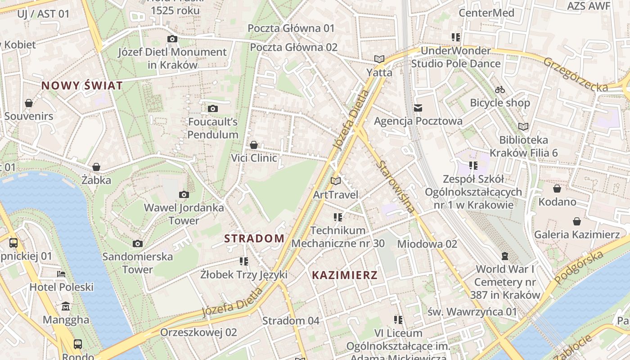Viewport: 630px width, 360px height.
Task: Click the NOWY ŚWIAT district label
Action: click(82, 85)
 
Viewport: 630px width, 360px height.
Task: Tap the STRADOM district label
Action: click(254, 238)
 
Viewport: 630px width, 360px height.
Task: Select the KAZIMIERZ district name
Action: click(345, 275)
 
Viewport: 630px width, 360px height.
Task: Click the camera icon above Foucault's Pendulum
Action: click(213, 108)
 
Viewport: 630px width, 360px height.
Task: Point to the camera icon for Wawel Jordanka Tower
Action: click(184, 194)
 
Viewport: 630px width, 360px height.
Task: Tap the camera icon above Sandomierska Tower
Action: click(138, 243)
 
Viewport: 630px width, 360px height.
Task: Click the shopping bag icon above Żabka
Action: click(96, 167)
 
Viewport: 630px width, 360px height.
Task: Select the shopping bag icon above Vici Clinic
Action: click(254, 145)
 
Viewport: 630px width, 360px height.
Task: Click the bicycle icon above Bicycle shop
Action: click(500, 90)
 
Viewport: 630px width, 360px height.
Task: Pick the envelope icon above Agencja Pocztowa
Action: click(418, 108)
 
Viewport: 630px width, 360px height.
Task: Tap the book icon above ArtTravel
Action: click(336, 181)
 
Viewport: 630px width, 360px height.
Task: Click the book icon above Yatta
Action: click(379, 59)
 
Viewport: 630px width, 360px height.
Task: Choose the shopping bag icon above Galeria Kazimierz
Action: click(577, 221)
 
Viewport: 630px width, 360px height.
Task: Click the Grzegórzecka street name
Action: click(576, 74)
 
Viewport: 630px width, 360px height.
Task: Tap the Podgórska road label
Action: click(579, 268)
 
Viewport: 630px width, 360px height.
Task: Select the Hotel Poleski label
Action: click(61, 287)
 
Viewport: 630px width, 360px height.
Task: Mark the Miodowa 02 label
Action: click(427, 243)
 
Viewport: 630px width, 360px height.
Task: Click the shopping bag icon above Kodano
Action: click(557, 189)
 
